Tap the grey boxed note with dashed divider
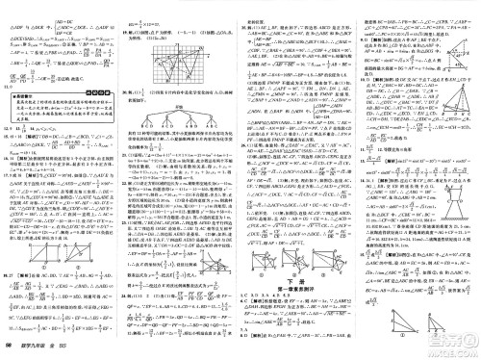pyautogui.click(x=58, y=108)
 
